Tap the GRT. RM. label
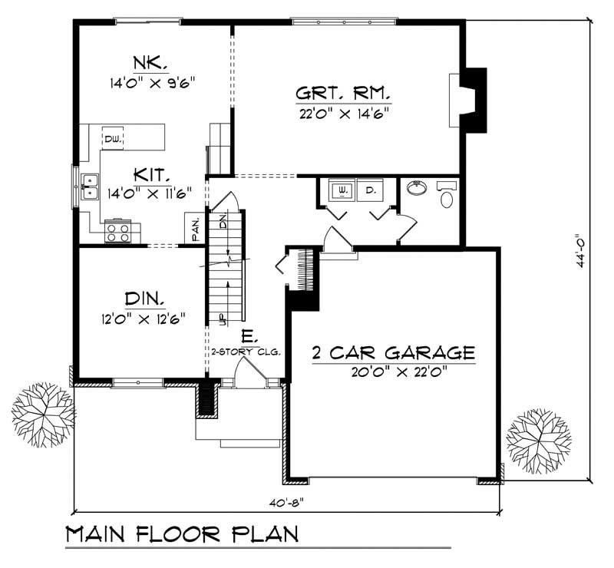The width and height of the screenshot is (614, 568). pyautogui.click(x=343, y=95)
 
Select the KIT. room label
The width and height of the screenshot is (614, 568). pyautogui.click(x=145, y=173)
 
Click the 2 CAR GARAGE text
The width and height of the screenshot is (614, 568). pyautogui.click(x=393, y=353)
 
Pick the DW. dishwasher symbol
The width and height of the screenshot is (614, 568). pyautogui.click(x=114, y=138)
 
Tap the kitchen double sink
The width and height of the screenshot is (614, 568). pyautogui.click(x=90, y=187)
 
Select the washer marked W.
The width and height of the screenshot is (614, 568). pyautogui.click(x=340, y=189)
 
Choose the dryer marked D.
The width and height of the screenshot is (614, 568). pyautogui.click(x=371, y=189)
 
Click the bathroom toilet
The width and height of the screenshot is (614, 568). pyautogui.click(x=447, y=196)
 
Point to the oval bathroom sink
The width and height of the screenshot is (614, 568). pyautogui.click(x=417, y=187)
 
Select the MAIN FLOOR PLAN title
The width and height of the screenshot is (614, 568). pyautogui.click(x=181, y=534)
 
